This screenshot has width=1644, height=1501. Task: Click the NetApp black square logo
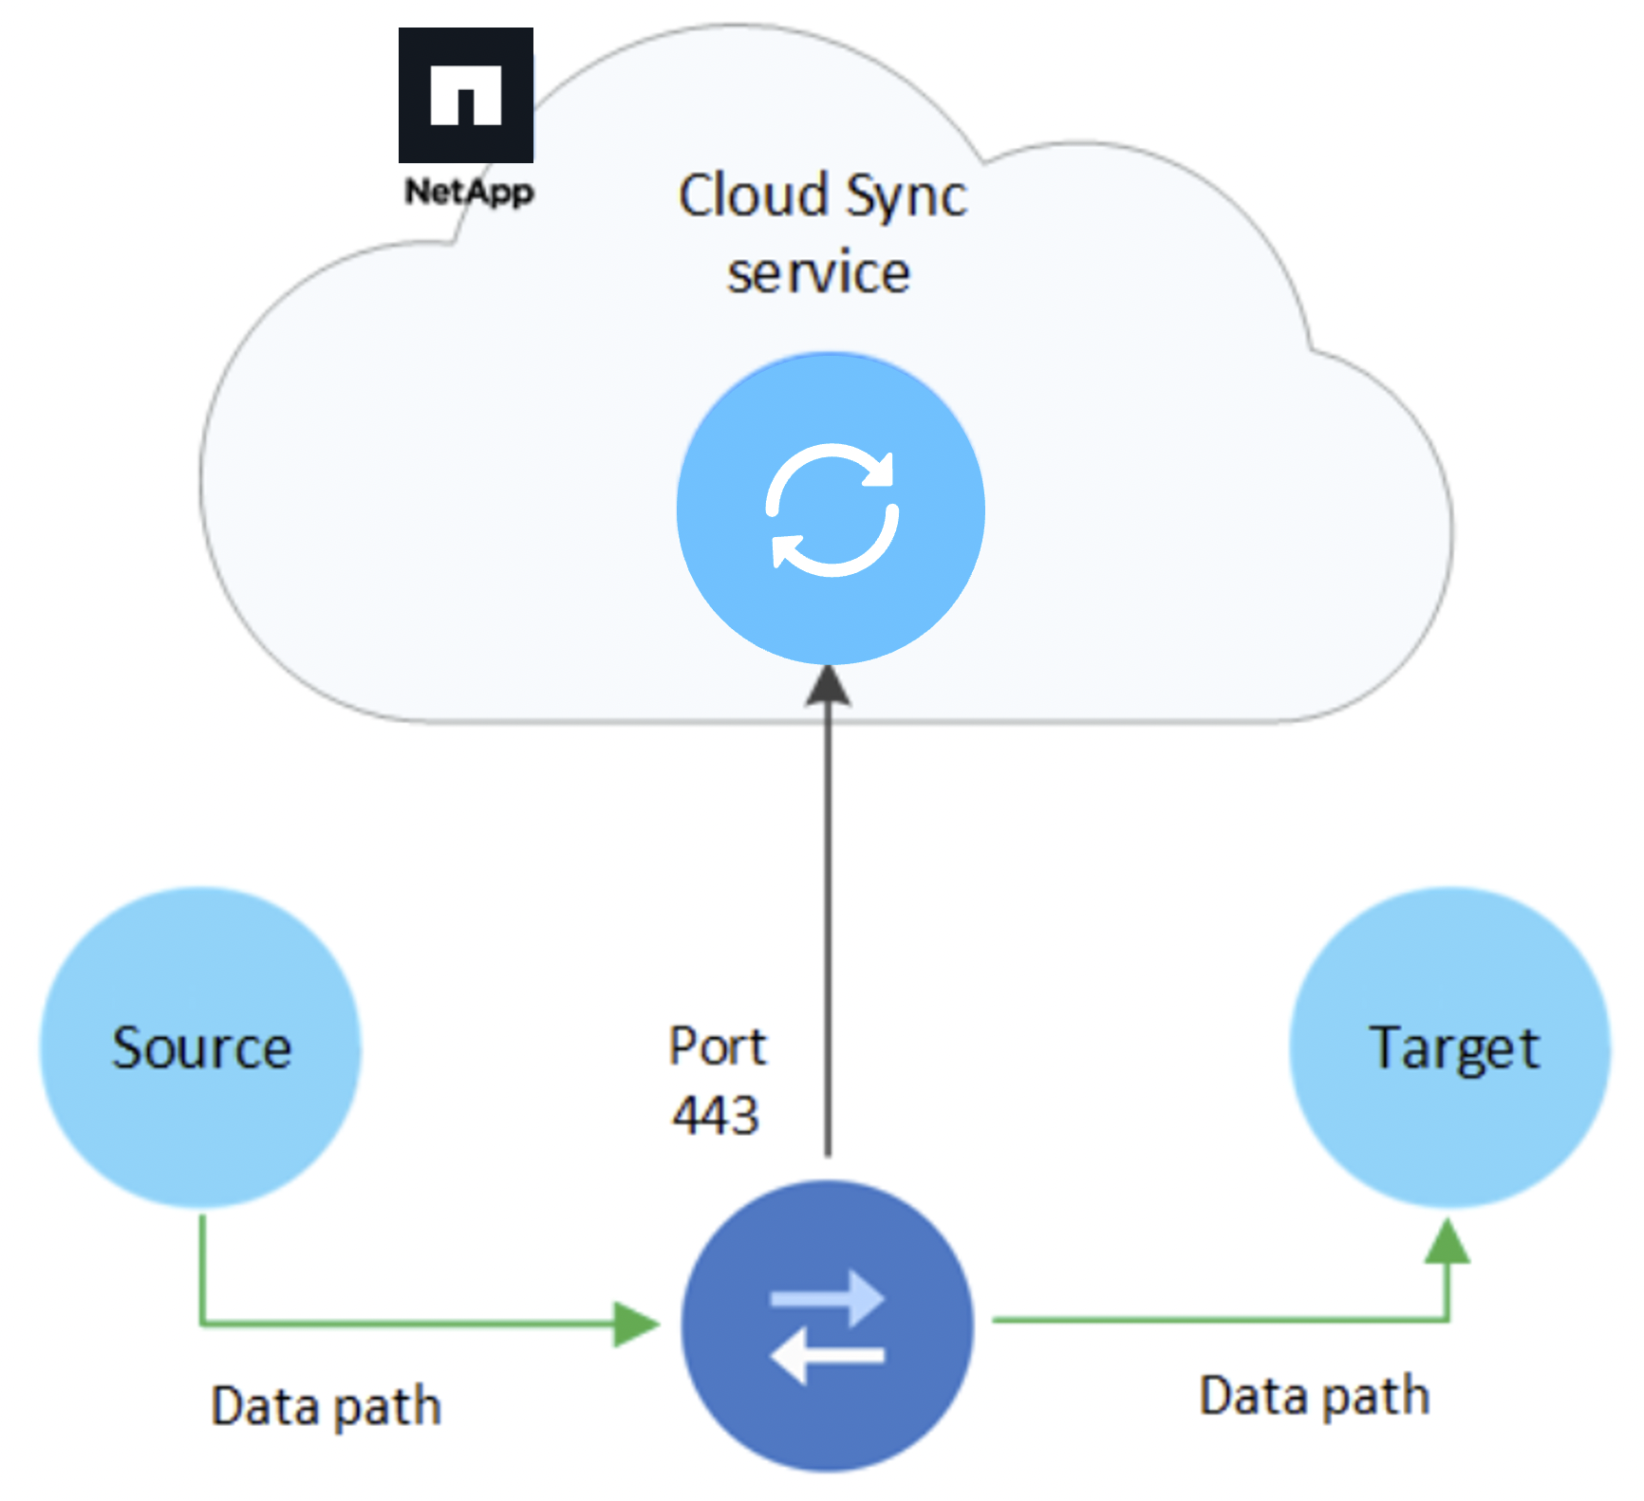tap(465, 95)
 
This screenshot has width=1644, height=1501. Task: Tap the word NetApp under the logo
tap(469, 192)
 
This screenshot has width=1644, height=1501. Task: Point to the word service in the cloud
tap(818, 273)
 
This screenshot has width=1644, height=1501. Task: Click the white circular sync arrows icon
tap(831, 510)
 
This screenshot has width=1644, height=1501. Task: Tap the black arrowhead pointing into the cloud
tap(828, 685)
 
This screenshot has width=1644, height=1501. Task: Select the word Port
tap(717, 1047)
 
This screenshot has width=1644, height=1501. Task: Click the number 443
tap(716, 1114)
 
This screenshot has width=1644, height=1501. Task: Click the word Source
tap(201, 1048)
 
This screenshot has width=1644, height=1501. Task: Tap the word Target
tap(1453, 1049)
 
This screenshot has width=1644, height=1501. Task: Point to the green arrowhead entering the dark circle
tap(636, 1324)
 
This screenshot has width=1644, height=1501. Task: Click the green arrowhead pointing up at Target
tap(1448, 1242)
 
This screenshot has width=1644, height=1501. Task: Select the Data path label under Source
tap(326, 1406)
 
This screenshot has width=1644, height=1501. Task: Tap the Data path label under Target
tap(1314, 1397)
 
